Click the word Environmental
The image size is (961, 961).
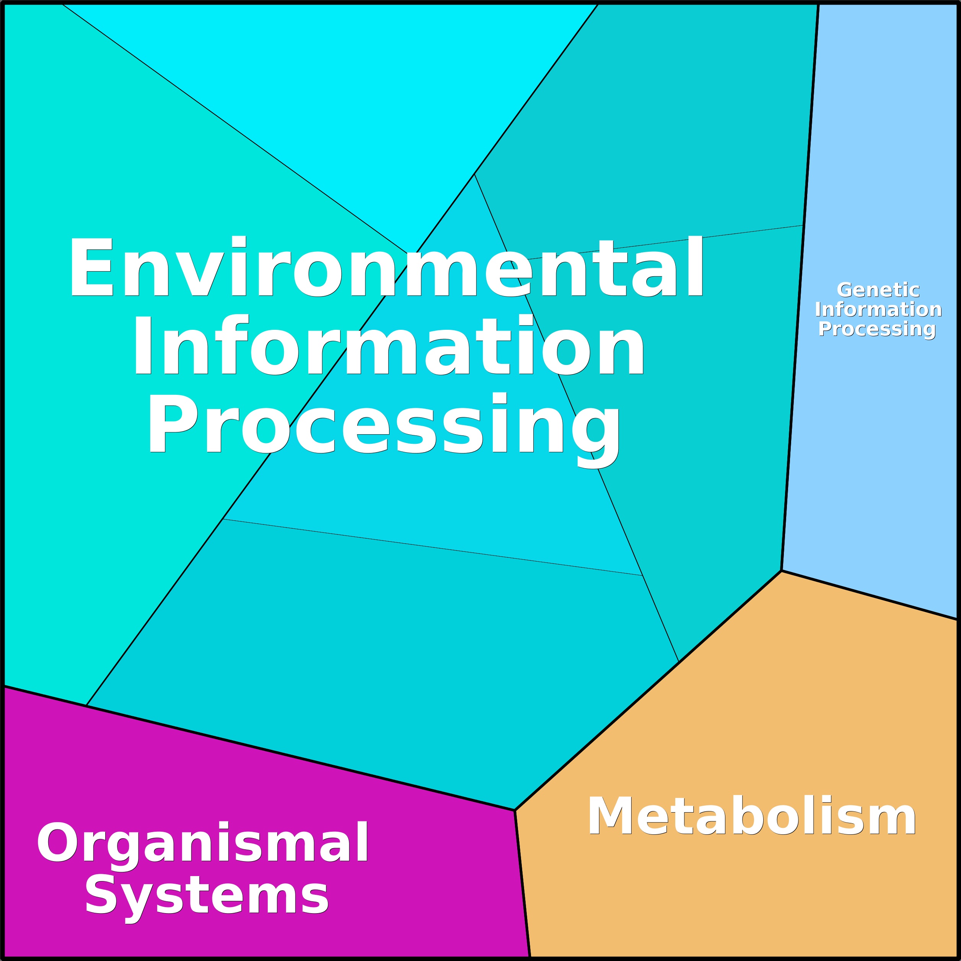pyautogui.click(x=386, y=266)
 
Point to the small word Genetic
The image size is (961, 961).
pyautogui.click(x=878, y=290)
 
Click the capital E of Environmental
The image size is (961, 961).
pyautogui.click(x=91, y=266)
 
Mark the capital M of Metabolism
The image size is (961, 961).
pyautogui.click(x=610, y=816)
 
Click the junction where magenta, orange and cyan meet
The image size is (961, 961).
pyautogui.click(x=515, y=810)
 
